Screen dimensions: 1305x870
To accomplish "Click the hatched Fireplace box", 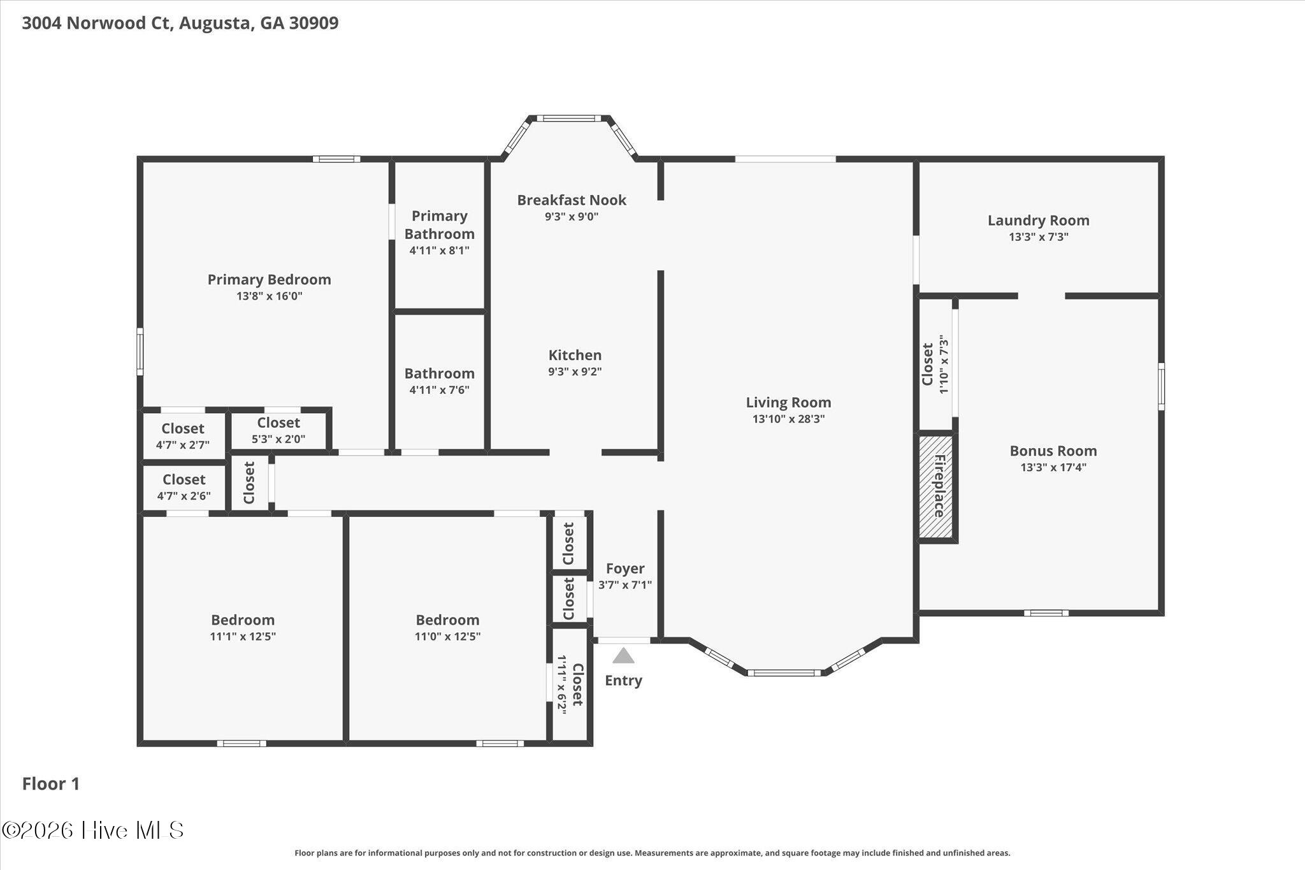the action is coord(935,486).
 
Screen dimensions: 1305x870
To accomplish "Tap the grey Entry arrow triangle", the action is coord(623,655).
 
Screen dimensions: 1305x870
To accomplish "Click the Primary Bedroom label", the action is coord(269,279).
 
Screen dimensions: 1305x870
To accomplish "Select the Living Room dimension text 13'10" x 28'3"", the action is coord(788,419).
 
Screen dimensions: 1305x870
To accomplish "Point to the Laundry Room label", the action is coord(1038,221).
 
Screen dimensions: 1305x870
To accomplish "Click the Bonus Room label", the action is coord(1053,451).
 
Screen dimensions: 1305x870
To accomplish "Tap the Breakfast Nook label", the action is coord(572,200).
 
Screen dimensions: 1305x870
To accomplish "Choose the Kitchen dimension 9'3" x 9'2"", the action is coord(575,372).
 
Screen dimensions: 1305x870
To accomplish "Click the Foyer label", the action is coord(625,569).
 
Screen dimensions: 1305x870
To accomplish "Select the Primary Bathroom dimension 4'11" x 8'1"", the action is coord(439,250).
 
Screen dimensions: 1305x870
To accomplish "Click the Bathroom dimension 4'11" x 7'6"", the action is coord(439,390).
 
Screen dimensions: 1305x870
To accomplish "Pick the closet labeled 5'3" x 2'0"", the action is coord(278,430).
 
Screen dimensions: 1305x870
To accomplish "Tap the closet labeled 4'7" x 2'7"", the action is coord(183,436).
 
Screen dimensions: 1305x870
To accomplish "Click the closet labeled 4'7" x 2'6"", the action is coord(184,487).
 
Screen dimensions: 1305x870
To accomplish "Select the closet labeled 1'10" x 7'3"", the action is coord(935,365).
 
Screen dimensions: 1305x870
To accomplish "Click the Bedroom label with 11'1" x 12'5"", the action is coord(243,620).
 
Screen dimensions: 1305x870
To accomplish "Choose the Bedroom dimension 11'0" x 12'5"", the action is coord(447,636).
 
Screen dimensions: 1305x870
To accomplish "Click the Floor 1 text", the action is coord(51,784).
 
